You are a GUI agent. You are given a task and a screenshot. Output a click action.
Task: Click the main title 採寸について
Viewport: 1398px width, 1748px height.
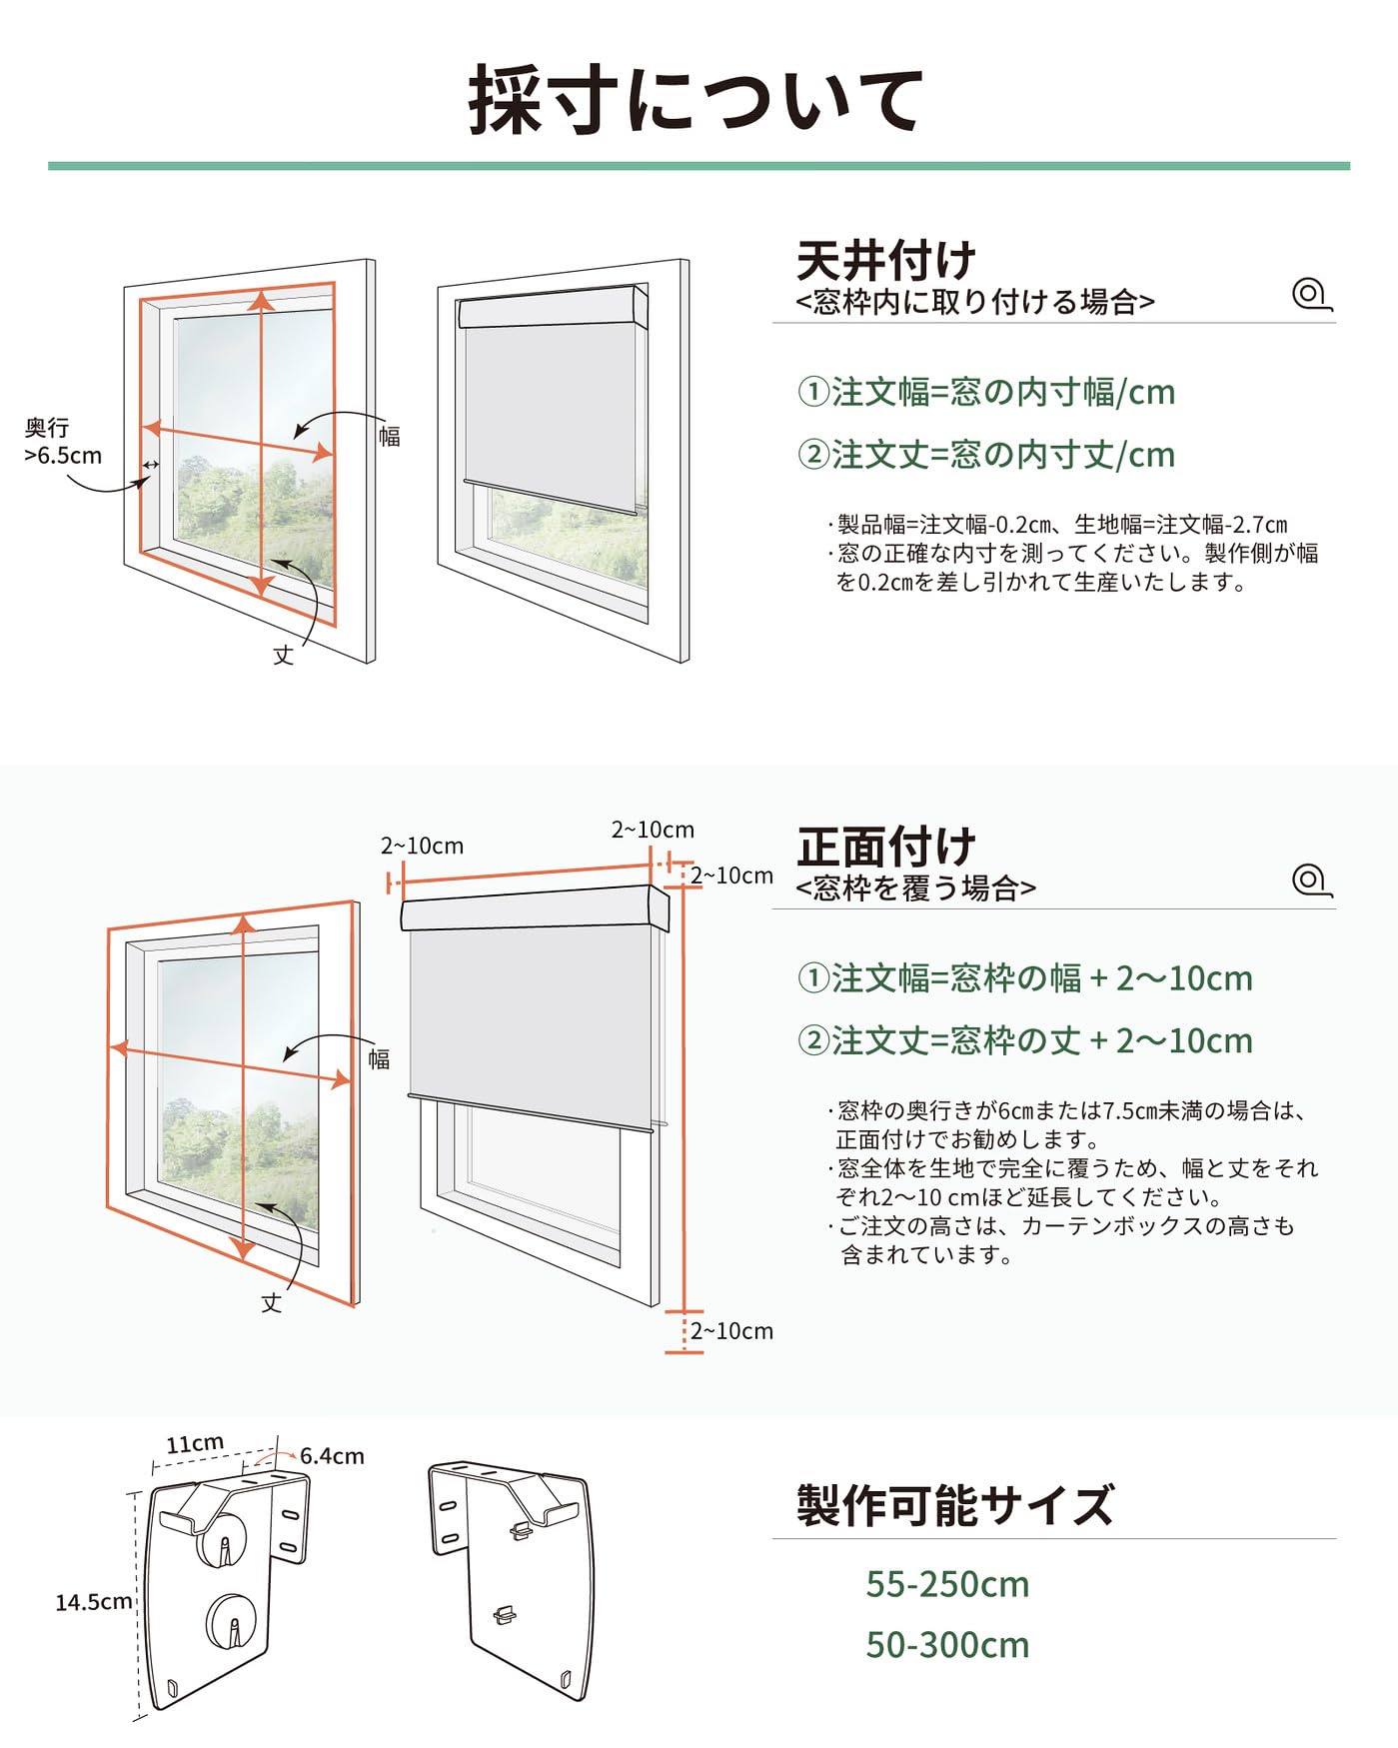(697, 100)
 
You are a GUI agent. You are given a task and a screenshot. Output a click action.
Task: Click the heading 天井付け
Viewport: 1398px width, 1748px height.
(885, 261)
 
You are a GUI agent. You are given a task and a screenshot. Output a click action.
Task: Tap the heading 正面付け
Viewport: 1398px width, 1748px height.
(885, 847)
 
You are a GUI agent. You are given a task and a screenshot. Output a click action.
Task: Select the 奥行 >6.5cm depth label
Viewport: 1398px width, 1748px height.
(62, 442)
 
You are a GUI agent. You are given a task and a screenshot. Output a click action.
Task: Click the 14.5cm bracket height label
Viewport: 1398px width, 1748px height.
(93, 1602)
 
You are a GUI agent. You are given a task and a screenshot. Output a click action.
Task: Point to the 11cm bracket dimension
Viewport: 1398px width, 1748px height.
(194, 1444)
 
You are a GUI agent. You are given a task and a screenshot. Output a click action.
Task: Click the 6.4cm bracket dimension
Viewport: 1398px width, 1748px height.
(332, 1456)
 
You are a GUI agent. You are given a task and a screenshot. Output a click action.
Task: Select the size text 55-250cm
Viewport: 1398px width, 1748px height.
(946, 1584)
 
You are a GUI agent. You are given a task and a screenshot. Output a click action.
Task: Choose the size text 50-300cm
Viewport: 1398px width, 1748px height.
(946, 1645)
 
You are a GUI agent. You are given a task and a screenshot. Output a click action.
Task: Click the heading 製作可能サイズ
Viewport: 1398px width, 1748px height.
(954, 1505)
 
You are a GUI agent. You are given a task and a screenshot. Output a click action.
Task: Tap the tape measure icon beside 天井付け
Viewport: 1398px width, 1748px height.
(1311, 295)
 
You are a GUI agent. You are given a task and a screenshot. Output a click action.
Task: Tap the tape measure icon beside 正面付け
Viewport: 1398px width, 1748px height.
(1311, 880)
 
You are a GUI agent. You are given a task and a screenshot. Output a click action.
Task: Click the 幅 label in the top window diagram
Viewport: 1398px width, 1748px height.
(390, 437)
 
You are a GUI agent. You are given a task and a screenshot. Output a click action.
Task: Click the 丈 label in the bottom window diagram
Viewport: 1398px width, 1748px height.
(272, 1303)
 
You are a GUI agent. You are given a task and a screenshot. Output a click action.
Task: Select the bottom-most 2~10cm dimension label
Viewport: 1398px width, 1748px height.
(731, 1331)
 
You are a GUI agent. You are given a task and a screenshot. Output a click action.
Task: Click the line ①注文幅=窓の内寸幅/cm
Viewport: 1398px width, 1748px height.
(985, 392)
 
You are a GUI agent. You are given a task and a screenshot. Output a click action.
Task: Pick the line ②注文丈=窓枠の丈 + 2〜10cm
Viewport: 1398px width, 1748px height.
(1024, 1040)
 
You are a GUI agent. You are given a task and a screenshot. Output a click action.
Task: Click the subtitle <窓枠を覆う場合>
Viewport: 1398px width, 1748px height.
(915, 887)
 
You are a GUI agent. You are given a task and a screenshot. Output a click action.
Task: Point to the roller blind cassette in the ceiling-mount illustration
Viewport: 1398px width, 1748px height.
(553, 308)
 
